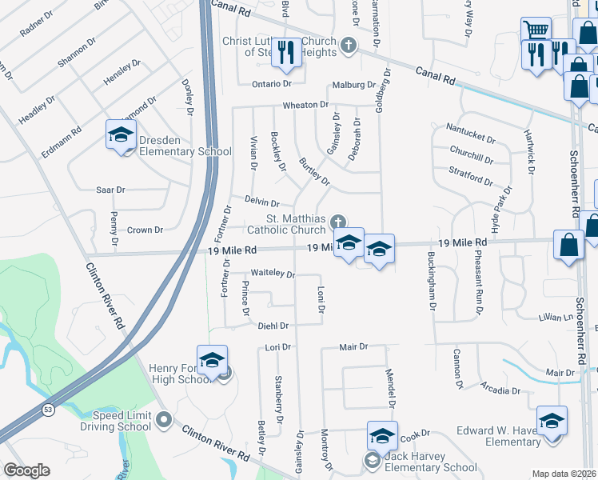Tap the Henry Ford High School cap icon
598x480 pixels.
click(x=212, y=360)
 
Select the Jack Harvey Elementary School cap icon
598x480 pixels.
click(x=382, y=436)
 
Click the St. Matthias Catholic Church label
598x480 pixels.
click(x=286, y=224)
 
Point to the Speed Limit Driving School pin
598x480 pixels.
click(x=164, y=418)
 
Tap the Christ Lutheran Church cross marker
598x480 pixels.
click(x=348, y=45)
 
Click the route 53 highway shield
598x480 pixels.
click(x=50, y=410)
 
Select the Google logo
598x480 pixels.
click(x=27, y=470)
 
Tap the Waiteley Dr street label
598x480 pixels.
click(x=273, y=274)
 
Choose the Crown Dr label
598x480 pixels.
click(x=145, y=230)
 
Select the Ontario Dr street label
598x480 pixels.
click(x=271, y=84)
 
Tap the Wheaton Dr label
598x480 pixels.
click(x=305, y=105)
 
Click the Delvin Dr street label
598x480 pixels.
click(x=262, y=204)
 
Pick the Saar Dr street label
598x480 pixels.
click(x=110, y=190)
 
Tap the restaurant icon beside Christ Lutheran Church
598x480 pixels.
click(x=285, y=52)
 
